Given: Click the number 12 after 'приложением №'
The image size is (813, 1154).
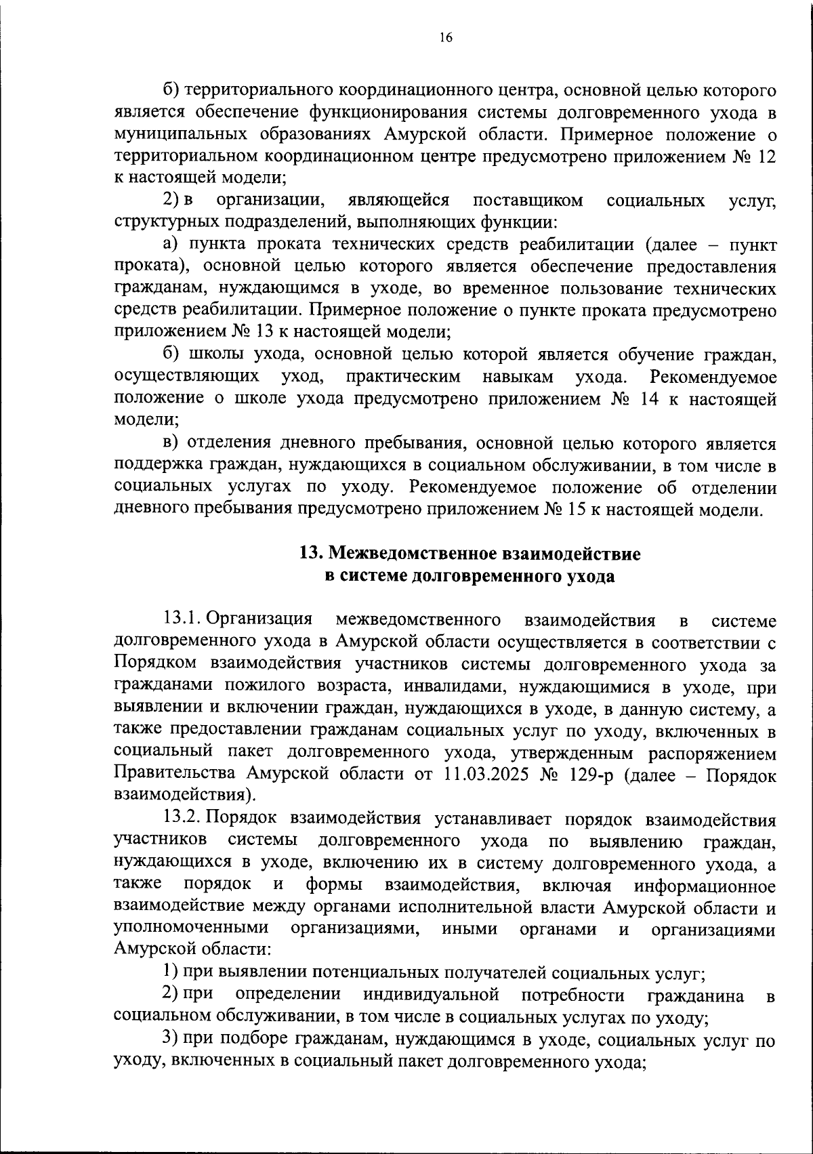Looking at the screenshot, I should (766, 156).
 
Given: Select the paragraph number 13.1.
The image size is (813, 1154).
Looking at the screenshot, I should (182, 619).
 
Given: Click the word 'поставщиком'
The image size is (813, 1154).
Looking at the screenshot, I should (528, 200).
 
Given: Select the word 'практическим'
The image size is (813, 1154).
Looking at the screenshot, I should (403, 376).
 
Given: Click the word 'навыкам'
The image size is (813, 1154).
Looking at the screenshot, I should (518, 376).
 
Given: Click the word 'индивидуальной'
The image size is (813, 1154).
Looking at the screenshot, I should (432, 995).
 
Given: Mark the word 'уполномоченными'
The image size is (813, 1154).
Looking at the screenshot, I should (192, 928).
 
